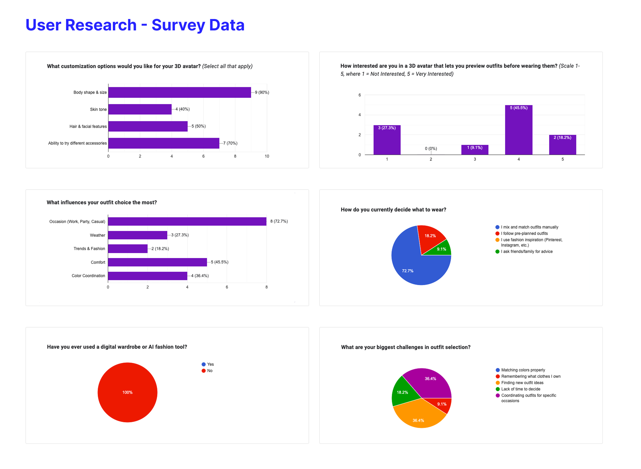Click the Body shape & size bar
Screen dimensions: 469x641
(x=180, y=92)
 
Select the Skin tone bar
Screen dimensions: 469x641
(x=140, y=109)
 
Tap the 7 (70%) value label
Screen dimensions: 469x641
(x=230, y=143)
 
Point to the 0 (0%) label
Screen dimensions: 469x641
(x=431, y=148)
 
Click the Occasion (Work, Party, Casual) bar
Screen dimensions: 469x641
(x=187, y=221)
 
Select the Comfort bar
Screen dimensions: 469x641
(x=157, y=262)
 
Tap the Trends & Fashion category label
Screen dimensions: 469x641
(x=89, y=249)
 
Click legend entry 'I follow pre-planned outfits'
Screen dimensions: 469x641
(x=524, y=233)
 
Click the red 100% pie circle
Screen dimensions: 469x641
(x=127, y=392)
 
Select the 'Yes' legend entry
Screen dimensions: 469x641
(x=210, y=364)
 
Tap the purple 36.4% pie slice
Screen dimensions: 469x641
(x=429, y=381)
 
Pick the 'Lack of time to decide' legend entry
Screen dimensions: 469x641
(x=520, y=389)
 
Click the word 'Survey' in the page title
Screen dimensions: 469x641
(x=178, y=25)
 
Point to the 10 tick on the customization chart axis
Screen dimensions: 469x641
(x=267, y=156)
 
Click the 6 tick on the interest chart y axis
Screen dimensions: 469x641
(x=360, y=95)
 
